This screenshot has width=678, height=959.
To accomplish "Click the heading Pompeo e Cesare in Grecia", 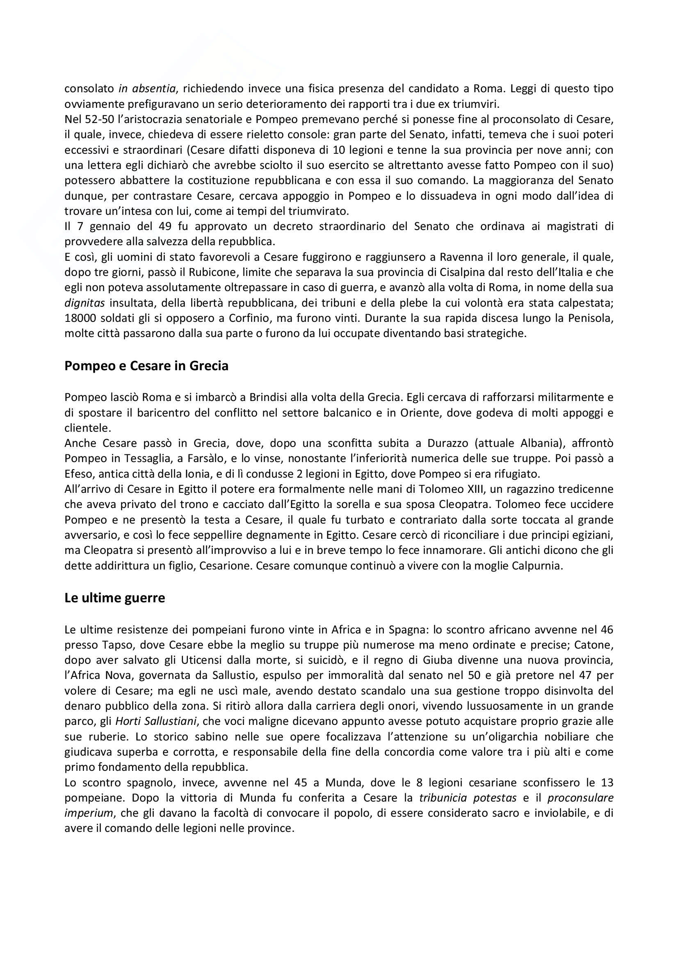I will (x=146, y=366).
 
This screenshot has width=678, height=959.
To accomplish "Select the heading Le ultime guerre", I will (x=114, y=598).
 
